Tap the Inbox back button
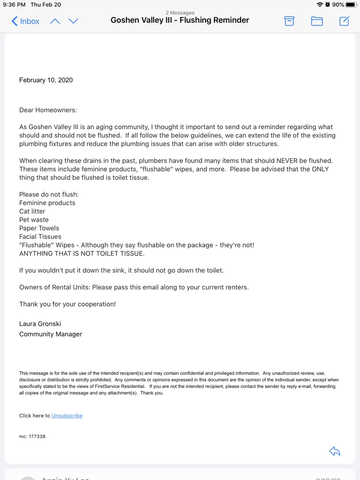(x=26, y=21)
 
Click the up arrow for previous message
(x=55, y=21)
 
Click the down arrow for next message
(x=73, y=21)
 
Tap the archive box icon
(x=289, y=21)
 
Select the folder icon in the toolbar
(x=317, y=21)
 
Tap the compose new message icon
(x=344, y=21)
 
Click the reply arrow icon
(x=334, y=451)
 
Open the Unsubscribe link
(x=67, y=416)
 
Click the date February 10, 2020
(x=46, y=80)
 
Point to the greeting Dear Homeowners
(x=48, y=110)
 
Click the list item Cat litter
(x=32, y=211)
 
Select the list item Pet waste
(x=34, y=220)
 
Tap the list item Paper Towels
(x=39, y=228)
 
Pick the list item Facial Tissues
(x=40, y=236)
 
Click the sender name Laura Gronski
(x=40, y=324)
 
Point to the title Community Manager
(x=50, y=334)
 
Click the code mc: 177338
(x=32, y=436)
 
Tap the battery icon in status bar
(x=351, y=5)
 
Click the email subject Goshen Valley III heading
(x=180, y=20)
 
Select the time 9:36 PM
(x=14, y=5)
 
